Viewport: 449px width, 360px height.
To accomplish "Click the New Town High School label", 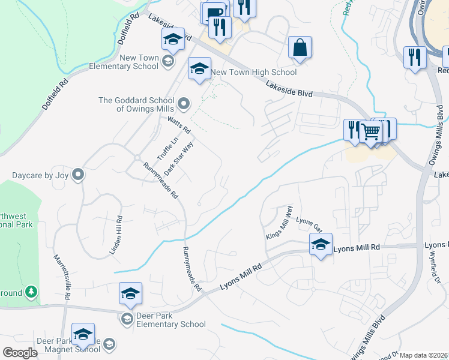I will (255, 73).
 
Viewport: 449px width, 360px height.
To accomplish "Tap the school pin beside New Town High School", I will (199, 69).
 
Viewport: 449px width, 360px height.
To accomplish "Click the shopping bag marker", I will (300, 47).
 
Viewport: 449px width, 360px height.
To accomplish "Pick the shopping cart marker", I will (372, 131).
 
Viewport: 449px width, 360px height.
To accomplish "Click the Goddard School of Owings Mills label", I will (137, 104).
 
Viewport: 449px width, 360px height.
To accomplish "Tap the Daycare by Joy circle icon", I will (78, 175).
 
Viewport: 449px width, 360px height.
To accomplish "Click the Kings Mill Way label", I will (280, 221).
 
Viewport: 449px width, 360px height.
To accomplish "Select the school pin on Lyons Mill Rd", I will (321, 244).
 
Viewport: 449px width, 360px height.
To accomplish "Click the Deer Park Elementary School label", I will (163, 319).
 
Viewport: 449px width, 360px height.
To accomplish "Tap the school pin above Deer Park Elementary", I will (130, 293).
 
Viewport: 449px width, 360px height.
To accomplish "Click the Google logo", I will (20, 353).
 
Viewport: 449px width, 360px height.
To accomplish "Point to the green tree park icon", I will (31, 292).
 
